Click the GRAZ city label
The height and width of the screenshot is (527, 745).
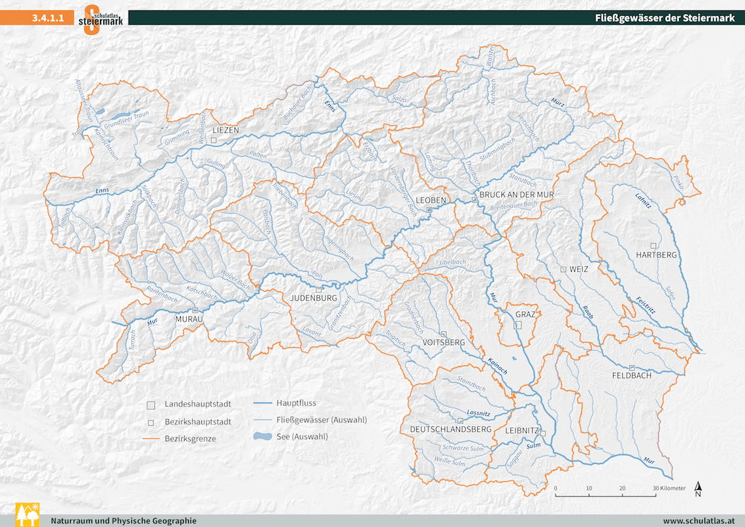click(525, 314)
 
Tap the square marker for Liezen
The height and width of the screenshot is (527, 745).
click(213, 140)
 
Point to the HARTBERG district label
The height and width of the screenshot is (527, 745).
click(656, 254)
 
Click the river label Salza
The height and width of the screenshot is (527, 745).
click(399, 99)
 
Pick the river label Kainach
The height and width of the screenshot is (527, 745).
click(497, 366)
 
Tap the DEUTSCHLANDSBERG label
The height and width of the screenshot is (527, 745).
click(450, 429)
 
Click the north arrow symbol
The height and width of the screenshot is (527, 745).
click(698, 489)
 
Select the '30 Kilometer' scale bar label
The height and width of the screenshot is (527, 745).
click(669, 488)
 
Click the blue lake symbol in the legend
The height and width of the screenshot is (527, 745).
click(261, 436)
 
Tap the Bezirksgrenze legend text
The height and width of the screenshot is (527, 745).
click(190, 439)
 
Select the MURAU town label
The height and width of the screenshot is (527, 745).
click(190, 318)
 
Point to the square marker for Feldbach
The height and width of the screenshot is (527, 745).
click(631, 367)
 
